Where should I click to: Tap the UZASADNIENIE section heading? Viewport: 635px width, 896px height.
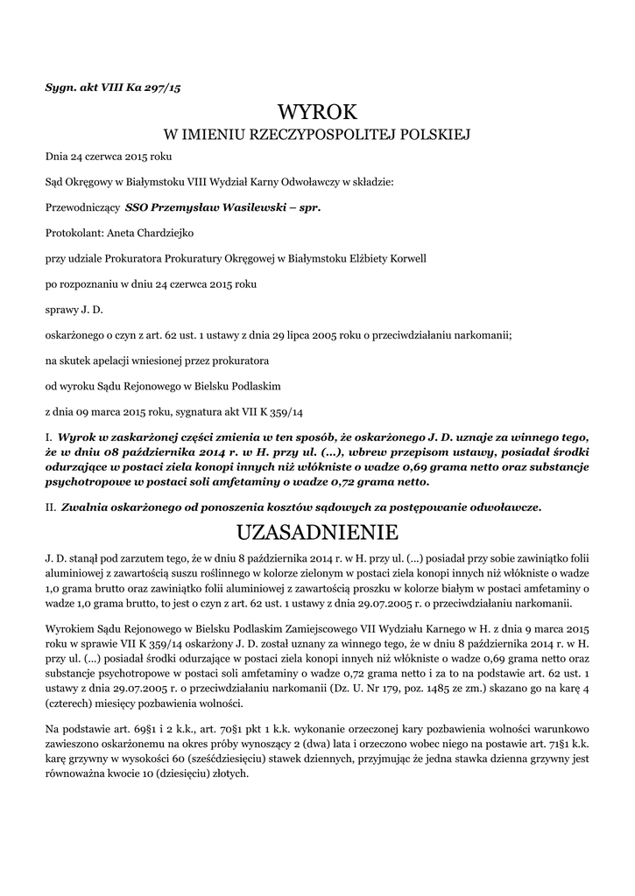click(x=317, y=531)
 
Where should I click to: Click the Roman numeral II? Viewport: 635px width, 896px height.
click(x=51, y=507)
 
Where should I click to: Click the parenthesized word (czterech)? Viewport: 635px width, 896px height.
click(x=73, y=704)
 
